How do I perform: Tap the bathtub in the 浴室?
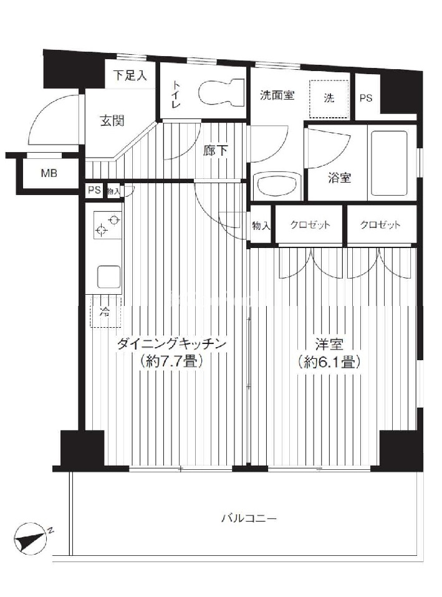(x=388, y=161)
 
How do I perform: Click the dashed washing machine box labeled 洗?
(x=329, y=98)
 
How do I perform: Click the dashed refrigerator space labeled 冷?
(x=105, y=312)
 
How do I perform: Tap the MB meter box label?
(x=49, y=173)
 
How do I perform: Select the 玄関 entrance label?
(x=112, y=121)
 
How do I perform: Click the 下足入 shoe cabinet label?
(x=130, y=75)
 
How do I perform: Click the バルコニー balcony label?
(x=249, y=518)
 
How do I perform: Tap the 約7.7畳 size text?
(x=171, y=361)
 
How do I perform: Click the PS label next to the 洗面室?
(x=366, y=98)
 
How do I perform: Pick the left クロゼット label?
(x=310, y=224)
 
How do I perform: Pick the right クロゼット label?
(x=380, y=224)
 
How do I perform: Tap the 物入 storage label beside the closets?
(x=261, y=226)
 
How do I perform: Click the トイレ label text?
(x=176, y=93)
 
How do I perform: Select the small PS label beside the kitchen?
(x=95, y=189)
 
